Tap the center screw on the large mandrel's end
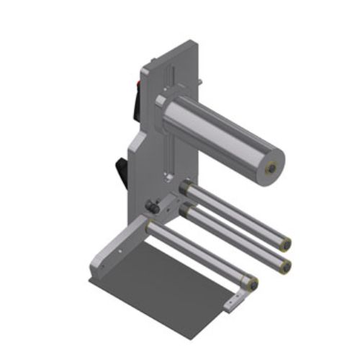coord(272,168)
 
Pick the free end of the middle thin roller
coord(287,266)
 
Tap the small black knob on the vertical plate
coord(152,207)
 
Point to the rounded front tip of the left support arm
coord(94,269)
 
